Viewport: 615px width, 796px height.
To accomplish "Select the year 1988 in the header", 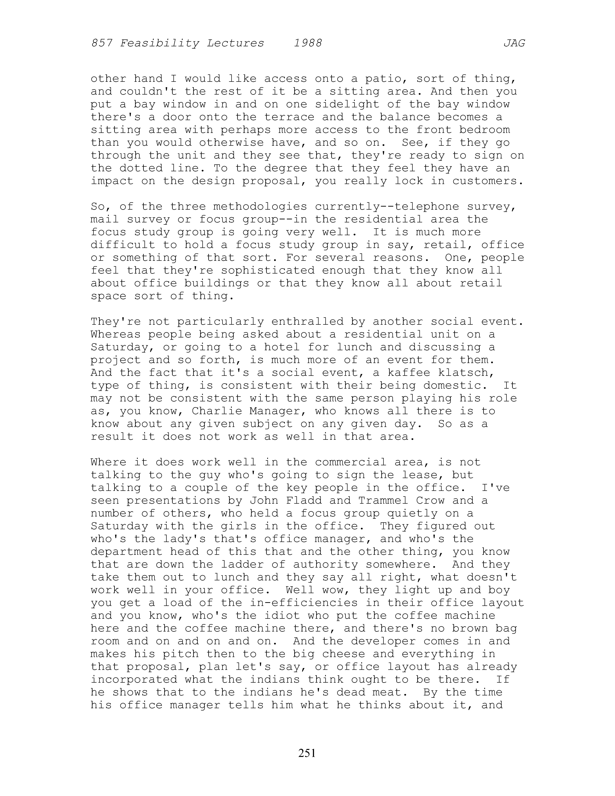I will pyautogui.click(x=308, y=43).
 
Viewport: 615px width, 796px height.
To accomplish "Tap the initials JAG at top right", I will pyautogui.click(x=514, y=43).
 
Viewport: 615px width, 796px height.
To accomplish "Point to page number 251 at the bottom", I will pyautogui.click(x=307, y=753).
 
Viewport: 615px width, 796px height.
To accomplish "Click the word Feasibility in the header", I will pyautogui.click(x=159, y=43).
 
